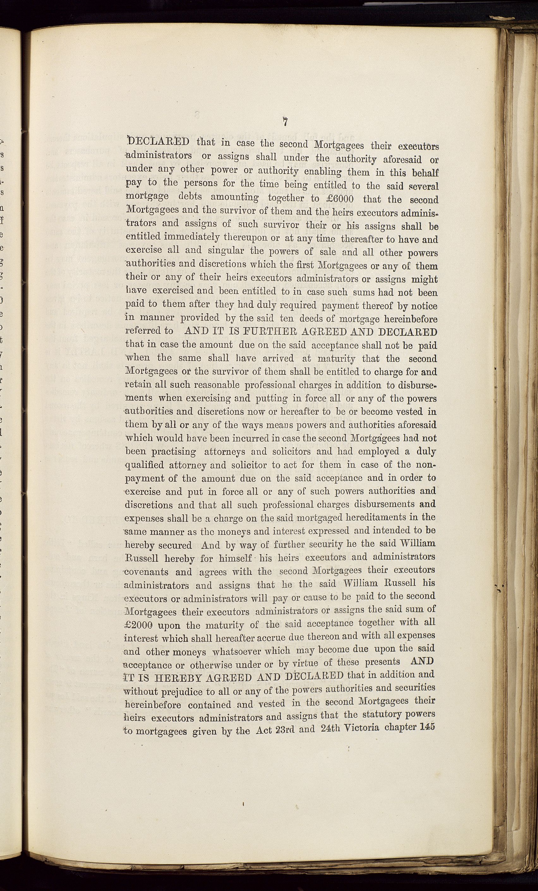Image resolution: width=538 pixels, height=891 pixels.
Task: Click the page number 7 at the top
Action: coord(285,122)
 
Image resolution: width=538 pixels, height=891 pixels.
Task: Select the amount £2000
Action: coord(137,625)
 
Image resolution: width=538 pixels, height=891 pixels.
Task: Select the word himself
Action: coord(236,558)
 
